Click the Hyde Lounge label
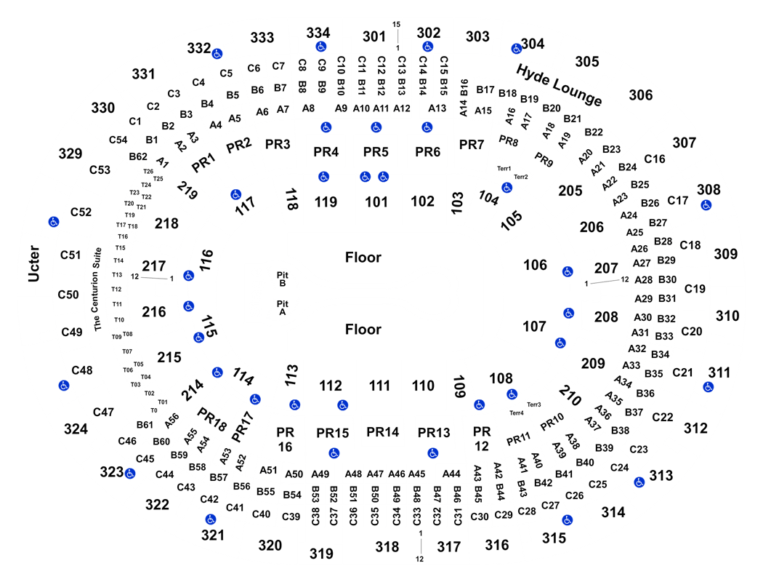(559, 84)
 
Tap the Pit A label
(282, 308)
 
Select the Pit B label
(282, 279)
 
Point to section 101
(376, 202)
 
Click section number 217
(154, 266)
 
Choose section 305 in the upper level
(587, 61)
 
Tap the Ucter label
(33, 263)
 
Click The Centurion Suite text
(97, 290)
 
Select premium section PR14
(382, 432)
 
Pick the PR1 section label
(203, 162)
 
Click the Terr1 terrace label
(504, 169)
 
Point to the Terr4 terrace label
(516, 413)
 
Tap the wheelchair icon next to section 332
(217, 54)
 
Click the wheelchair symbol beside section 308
(706, 205)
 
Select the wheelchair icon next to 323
(130, 474)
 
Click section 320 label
(270, 545)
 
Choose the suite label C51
(70, 255)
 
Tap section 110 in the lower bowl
(423, 386)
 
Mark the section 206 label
(592, 227)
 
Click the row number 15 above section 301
(397, 24)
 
